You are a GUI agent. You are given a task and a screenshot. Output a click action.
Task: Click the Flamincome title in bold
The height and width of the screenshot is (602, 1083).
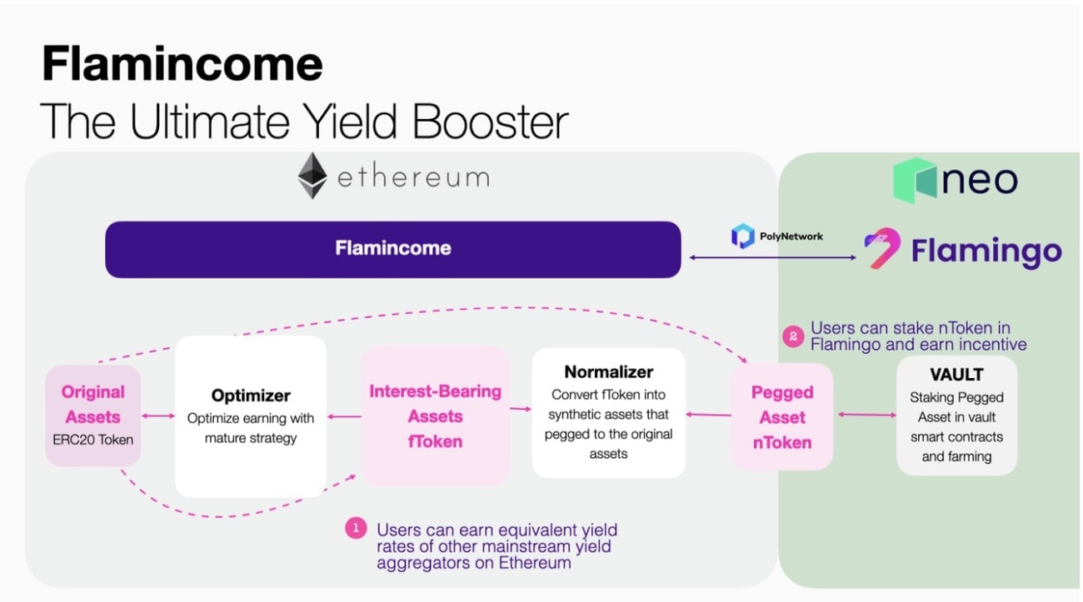coord(182,64)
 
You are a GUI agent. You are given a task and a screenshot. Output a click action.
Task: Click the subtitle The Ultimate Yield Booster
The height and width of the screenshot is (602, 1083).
coord(303,121)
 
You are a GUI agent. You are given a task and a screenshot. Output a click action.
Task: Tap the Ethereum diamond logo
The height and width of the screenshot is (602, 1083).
coord(313,176)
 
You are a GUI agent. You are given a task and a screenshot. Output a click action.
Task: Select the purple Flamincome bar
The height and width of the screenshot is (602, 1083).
coord(392,249)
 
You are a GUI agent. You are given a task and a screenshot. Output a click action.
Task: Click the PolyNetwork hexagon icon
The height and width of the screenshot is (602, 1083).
coord(741,236)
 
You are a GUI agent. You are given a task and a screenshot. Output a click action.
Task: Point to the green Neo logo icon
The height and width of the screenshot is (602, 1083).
coord(914,180)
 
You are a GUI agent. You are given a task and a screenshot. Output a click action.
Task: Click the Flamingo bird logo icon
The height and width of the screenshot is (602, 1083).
coord(881,250)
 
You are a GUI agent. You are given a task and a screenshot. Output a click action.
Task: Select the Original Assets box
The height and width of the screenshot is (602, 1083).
coord(92,415)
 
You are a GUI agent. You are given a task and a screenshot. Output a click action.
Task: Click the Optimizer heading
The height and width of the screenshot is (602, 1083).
coord(250,396)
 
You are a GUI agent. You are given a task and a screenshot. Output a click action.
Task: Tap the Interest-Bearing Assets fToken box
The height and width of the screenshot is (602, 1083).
coord(435,416)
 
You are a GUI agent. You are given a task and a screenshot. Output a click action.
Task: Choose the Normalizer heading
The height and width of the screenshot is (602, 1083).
coord(608,371)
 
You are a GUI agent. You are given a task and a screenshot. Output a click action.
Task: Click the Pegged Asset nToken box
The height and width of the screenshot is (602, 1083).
coord(781,417)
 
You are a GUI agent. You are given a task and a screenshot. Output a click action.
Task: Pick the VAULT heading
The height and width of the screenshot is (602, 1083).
coord(956,375)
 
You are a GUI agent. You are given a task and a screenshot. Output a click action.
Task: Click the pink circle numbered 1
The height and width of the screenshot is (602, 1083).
coord(356,529)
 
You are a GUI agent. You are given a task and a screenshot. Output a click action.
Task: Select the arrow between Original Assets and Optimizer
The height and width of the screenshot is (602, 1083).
coord(157,415)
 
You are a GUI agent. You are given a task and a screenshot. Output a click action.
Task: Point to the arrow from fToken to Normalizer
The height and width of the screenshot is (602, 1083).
coord(520,408)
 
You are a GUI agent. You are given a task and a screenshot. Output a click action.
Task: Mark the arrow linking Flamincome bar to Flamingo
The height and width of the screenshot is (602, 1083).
coord(769,257)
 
